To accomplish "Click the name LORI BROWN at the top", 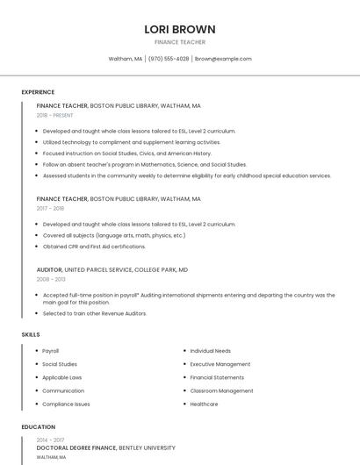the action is pos(180,29).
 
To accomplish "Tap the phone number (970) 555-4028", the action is pos(169,59).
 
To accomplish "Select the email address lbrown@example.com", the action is pos(223,59).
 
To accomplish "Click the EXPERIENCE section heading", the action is pos(38,92).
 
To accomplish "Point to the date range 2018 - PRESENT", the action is pos(55,115).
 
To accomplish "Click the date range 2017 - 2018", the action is pos(50,209).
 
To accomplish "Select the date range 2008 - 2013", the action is pos(50,279).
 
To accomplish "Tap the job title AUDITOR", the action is pos(49,269).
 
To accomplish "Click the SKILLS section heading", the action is pos(31,334).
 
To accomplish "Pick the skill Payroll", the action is pos(51,351).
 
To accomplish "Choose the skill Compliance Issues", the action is pos(66,404).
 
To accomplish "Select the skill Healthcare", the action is pos(204,404).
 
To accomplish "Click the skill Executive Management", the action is pos(220,364).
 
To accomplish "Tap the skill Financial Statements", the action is pos(217,377).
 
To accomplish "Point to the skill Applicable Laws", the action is pos(62,377).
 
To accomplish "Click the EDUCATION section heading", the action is pos(38,427).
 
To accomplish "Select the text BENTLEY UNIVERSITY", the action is pos(147,447).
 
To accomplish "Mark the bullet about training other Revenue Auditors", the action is pos(95,313).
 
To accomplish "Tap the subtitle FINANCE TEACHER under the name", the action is pos(180,42).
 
